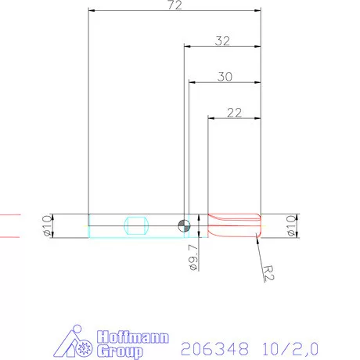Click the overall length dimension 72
click(x=175, y=5)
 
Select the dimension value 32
click(x=222, y=41)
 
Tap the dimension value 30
click(x=225, y=77)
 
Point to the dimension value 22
click(x=234, y=112)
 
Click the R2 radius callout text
click(x=268, y=272)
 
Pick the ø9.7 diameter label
click(x=194, y=257)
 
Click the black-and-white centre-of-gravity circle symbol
click(x=182, y=225)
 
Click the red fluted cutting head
click(x=233, y=225)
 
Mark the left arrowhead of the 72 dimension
click(x=92, y=12)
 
